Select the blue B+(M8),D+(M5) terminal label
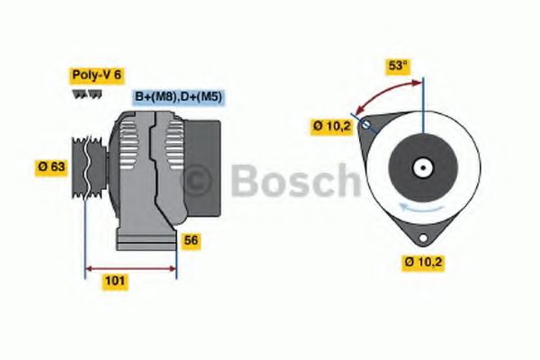click(179, 96)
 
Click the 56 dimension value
click(191, 240)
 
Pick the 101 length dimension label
click(114, 281)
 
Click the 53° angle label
click(397, 67)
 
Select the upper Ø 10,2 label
click(332, 127)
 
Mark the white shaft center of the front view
click(421, 167)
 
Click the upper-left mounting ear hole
click(364, 126)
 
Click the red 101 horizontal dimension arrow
click(130, 267)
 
